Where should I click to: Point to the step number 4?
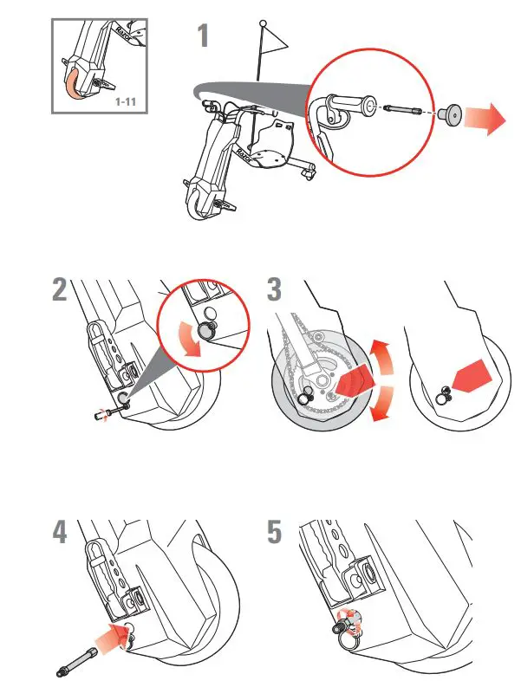(59, 532)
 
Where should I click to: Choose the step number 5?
(274, 532)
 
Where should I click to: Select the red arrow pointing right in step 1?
(486, 119)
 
